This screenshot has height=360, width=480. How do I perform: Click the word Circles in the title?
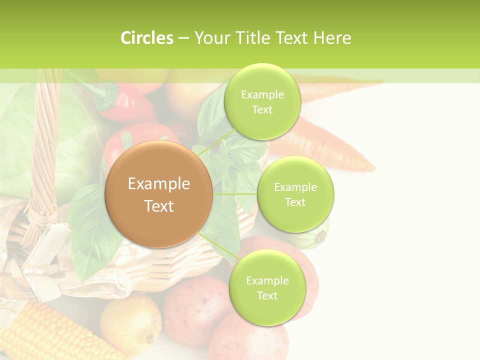coord(146,38)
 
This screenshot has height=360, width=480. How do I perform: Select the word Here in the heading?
coord(332,38)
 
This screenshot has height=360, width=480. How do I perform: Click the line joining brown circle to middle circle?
coord(235,194)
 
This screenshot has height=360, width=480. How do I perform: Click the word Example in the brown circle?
coord(159,184)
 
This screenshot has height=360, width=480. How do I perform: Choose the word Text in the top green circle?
coord(262,110)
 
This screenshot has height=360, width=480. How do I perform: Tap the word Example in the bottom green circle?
coord(267,281)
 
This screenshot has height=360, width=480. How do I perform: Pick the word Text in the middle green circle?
coord(295,202)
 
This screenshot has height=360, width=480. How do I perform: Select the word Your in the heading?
coord(210,38)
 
